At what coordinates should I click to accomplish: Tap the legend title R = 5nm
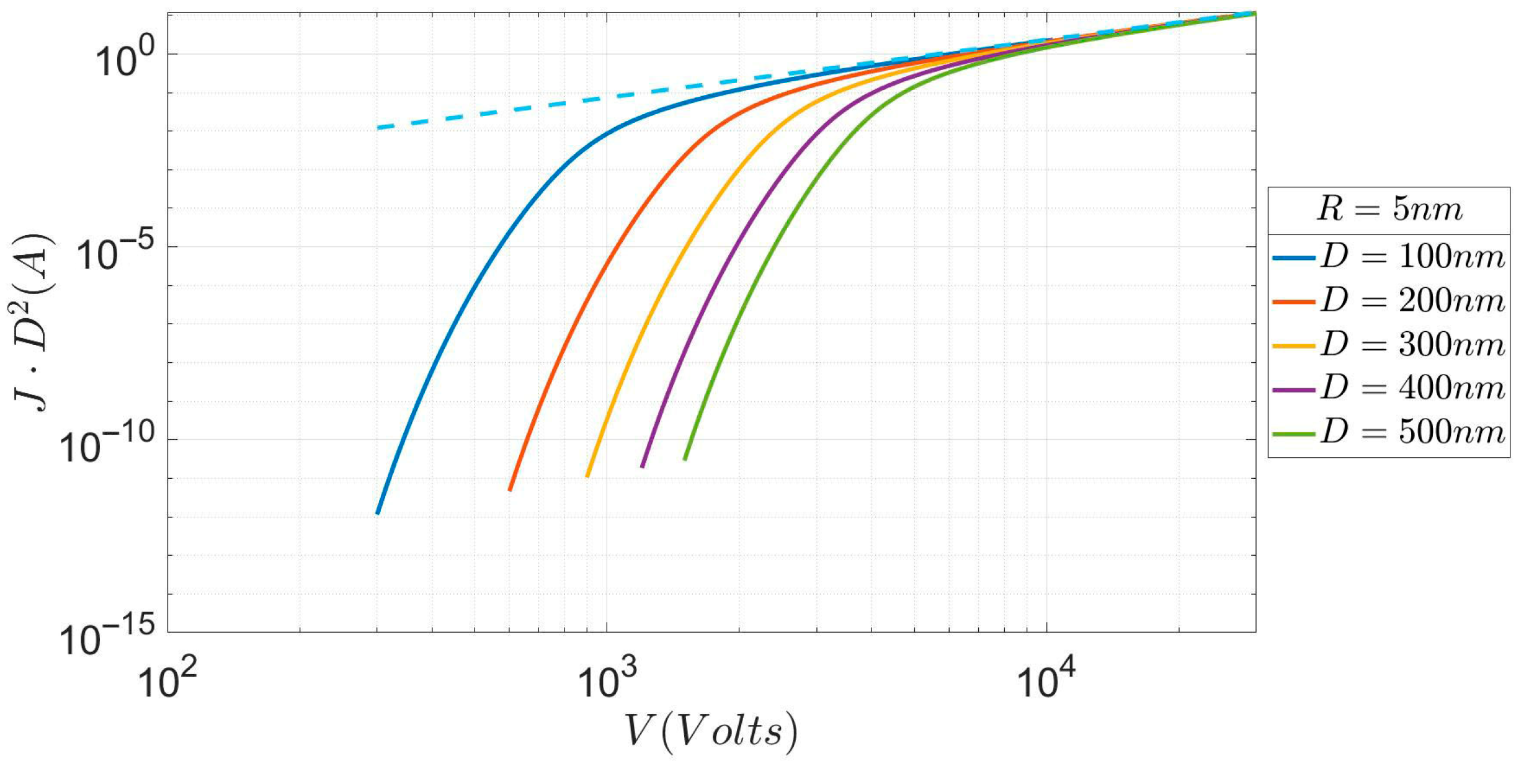click(1389, 209)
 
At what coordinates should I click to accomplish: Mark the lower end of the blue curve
click(377, 514)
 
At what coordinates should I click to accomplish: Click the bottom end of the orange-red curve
click(510, 490)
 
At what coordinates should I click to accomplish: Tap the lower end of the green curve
click(685, 459)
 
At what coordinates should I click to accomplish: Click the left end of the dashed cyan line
click(378, 128)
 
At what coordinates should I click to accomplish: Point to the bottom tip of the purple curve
click(642, 466)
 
